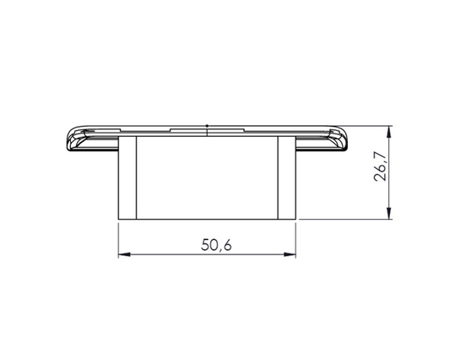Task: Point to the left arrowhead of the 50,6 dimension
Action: tap(122, 254)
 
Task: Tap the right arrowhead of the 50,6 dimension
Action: tap(291, 254)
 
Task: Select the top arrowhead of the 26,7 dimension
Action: tap(389, 132)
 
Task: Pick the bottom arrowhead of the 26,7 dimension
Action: tap(389, 214)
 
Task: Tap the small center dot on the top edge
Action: tap(208, 127)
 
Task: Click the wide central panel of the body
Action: tap(208, 177)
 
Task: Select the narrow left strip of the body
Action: tap(127, 177)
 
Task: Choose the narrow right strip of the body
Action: tap(287, 177)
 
